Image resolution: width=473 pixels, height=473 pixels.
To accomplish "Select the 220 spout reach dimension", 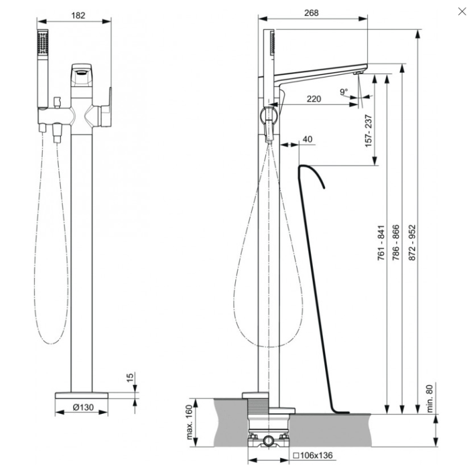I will pos(314,99).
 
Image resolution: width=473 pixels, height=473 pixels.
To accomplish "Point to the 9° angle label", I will pos(344,91).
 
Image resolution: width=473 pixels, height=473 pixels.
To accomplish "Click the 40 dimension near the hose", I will pos(307,138).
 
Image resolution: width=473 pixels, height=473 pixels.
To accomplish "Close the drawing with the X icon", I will pos(462,11).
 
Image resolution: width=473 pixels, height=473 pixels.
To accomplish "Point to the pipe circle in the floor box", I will pos(269,441).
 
